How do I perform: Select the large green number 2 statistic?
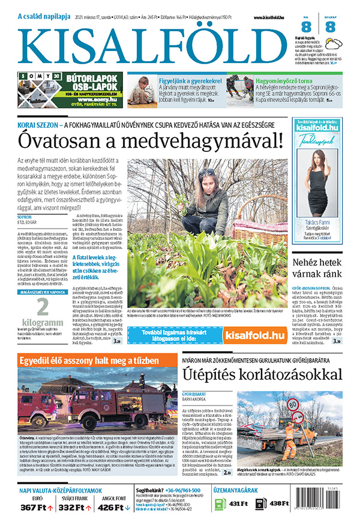(x=42, y=308)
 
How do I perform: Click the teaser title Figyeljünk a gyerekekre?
(x=190, y=80)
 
